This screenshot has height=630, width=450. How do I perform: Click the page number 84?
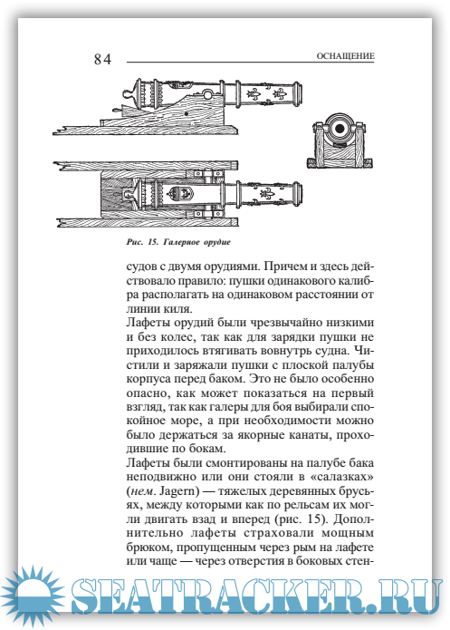[102, 59]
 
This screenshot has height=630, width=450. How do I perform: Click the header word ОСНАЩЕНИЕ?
[345, 56]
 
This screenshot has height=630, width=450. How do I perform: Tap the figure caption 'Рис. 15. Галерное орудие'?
[178, 242]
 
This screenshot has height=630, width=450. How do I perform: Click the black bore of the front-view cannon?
[340, 129]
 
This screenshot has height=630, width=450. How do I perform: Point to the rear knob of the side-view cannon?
[129, 96]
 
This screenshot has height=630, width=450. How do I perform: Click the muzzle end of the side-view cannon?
[297, 94]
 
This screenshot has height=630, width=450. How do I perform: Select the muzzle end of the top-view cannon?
[297, 195]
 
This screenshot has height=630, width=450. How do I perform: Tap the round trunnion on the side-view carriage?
[207, 95]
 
